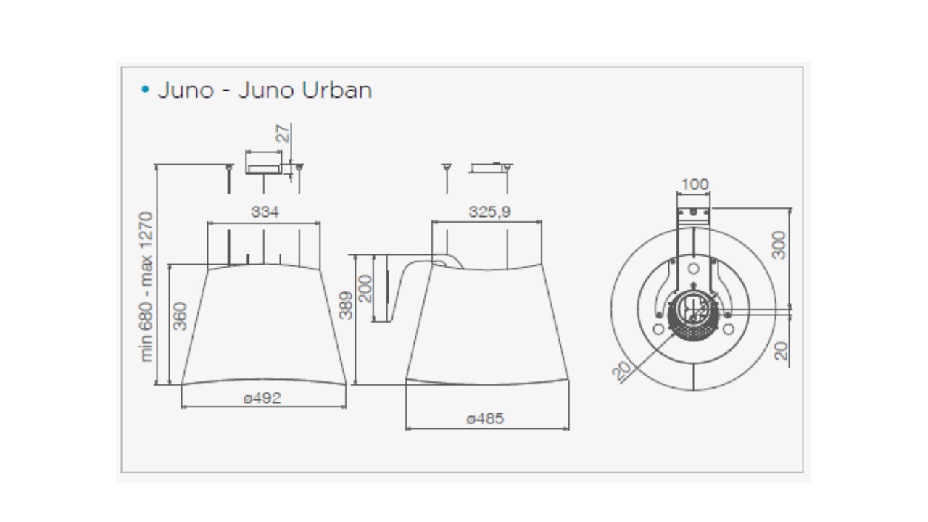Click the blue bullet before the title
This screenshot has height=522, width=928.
[145, 89]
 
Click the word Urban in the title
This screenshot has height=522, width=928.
[337, 90]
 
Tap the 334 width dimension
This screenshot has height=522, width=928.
[265, 212]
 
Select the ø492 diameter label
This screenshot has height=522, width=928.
[262, 399]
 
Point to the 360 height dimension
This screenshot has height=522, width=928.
[180, 316]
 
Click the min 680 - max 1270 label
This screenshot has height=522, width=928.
[146, 286]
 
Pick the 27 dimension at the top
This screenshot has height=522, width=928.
[283, 133]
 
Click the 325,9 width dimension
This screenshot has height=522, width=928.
[489, 212]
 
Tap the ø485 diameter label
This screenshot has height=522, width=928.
[485, 419]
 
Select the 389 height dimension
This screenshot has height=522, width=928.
[346, 305]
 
